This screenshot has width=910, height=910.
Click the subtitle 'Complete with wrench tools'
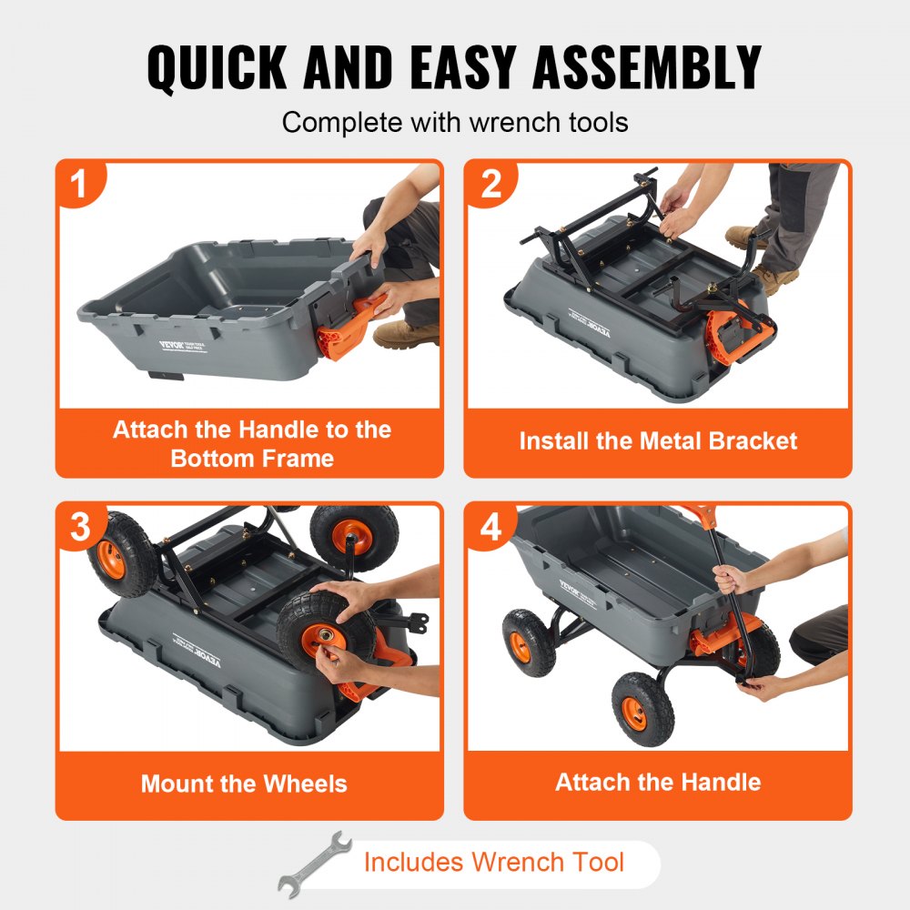pyautogui.click(x=454, y=122)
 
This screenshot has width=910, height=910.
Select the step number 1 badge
pyautogui.click(x=80, y=184)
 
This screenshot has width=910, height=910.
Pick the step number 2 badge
pyautogui.click(x=490, y=184)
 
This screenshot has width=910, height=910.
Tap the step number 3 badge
pyautogui.click(x=80, y=527)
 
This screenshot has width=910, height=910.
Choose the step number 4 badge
pyautogui.click(x=490, y=527)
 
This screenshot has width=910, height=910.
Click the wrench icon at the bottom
pyautogui.click(x=315, y=863)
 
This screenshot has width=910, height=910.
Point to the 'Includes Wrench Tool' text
pyautogui.click(x=493, y=862)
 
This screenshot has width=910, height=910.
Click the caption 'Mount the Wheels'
pyautogui.click(x=244, y=784)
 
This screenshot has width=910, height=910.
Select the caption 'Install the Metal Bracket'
pyautogui.click(x=658, y=441)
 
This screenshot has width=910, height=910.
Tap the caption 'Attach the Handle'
pyautogui.click(x=658, y=782)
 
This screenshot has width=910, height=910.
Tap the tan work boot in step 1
pyautogui.click(x=405, y=334)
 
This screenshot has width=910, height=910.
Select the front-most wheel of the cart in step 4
pyautogui.click(x=643, y=709)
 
